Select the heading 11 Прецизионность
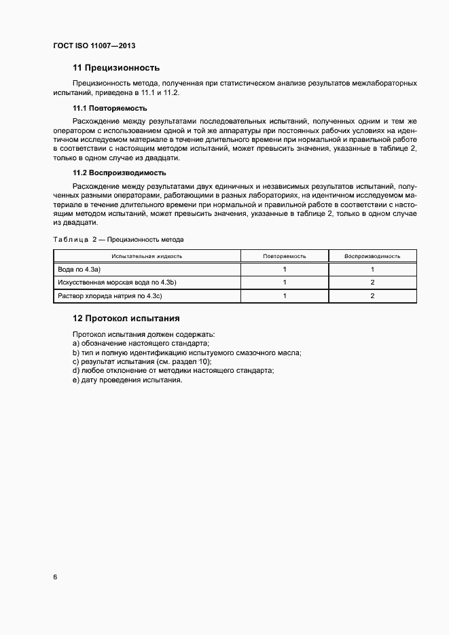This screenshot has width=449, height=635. (115, 68)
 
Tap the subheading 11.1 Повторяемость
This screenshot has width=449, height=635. (109, 109)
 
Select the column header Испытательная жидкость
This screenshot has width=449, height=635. (147, 256)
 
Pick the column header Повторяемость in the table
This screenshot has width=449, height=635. (284, 256)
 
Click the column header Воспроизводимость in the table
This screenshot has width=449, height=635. (372, 256)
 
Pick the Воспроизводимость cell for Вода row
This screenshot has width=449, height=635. (372, 269)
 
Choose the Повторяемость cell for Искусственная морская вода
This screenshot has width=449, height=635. (284, 283)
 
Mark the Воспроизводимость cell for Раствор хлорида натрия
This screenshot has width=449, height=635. (372, 295)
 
